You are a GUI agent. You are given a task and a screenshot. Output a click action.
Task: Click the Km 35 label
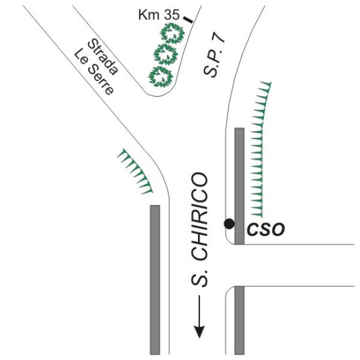coord(159,15)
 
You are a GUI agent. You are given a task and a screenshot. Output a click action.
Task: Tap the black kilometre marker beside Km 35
coord(188,20)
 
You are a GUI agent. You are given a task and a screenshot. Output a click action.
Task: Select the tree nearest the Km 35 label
coord(172,34)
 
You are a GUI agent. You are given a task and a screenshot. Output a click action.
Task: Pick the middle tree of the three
coord(166,54)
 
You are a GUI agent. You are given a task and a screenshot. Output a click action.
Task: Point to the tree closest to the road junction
coord(161,76)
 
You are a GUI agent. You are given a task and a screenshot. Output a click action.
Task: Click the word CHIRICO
coord(200,217)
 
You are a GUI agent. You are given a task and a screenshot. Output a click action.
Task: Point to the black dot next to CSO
coord(229,224)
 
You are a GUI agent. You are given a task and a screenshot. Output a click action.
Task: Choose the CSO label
coord(266,229)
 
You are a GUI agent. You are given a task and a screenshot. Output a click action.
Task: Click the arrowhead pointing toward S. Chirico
coord(199,332)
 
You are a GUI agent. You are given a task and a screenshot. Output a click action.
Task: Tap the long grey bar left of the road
coord(155,280)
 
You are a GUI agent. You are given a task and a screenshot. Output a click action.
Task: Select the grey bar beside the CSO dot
coord(239,186)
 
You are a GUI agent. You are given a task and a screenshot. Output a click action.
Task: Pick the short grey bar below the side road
coord(239,320)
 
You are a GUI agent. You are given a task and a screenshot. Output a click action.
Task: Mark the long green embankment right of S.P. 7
coord(259,149)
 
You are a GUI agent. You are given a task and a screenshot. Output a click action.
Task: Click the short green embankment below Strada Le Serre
coord(135,172)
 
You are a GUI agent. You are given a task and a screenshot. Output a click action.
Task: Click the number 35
coord(172,15)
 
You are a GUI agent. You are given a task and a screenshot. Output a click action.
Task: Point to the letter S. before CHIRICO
coord(200,278)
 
